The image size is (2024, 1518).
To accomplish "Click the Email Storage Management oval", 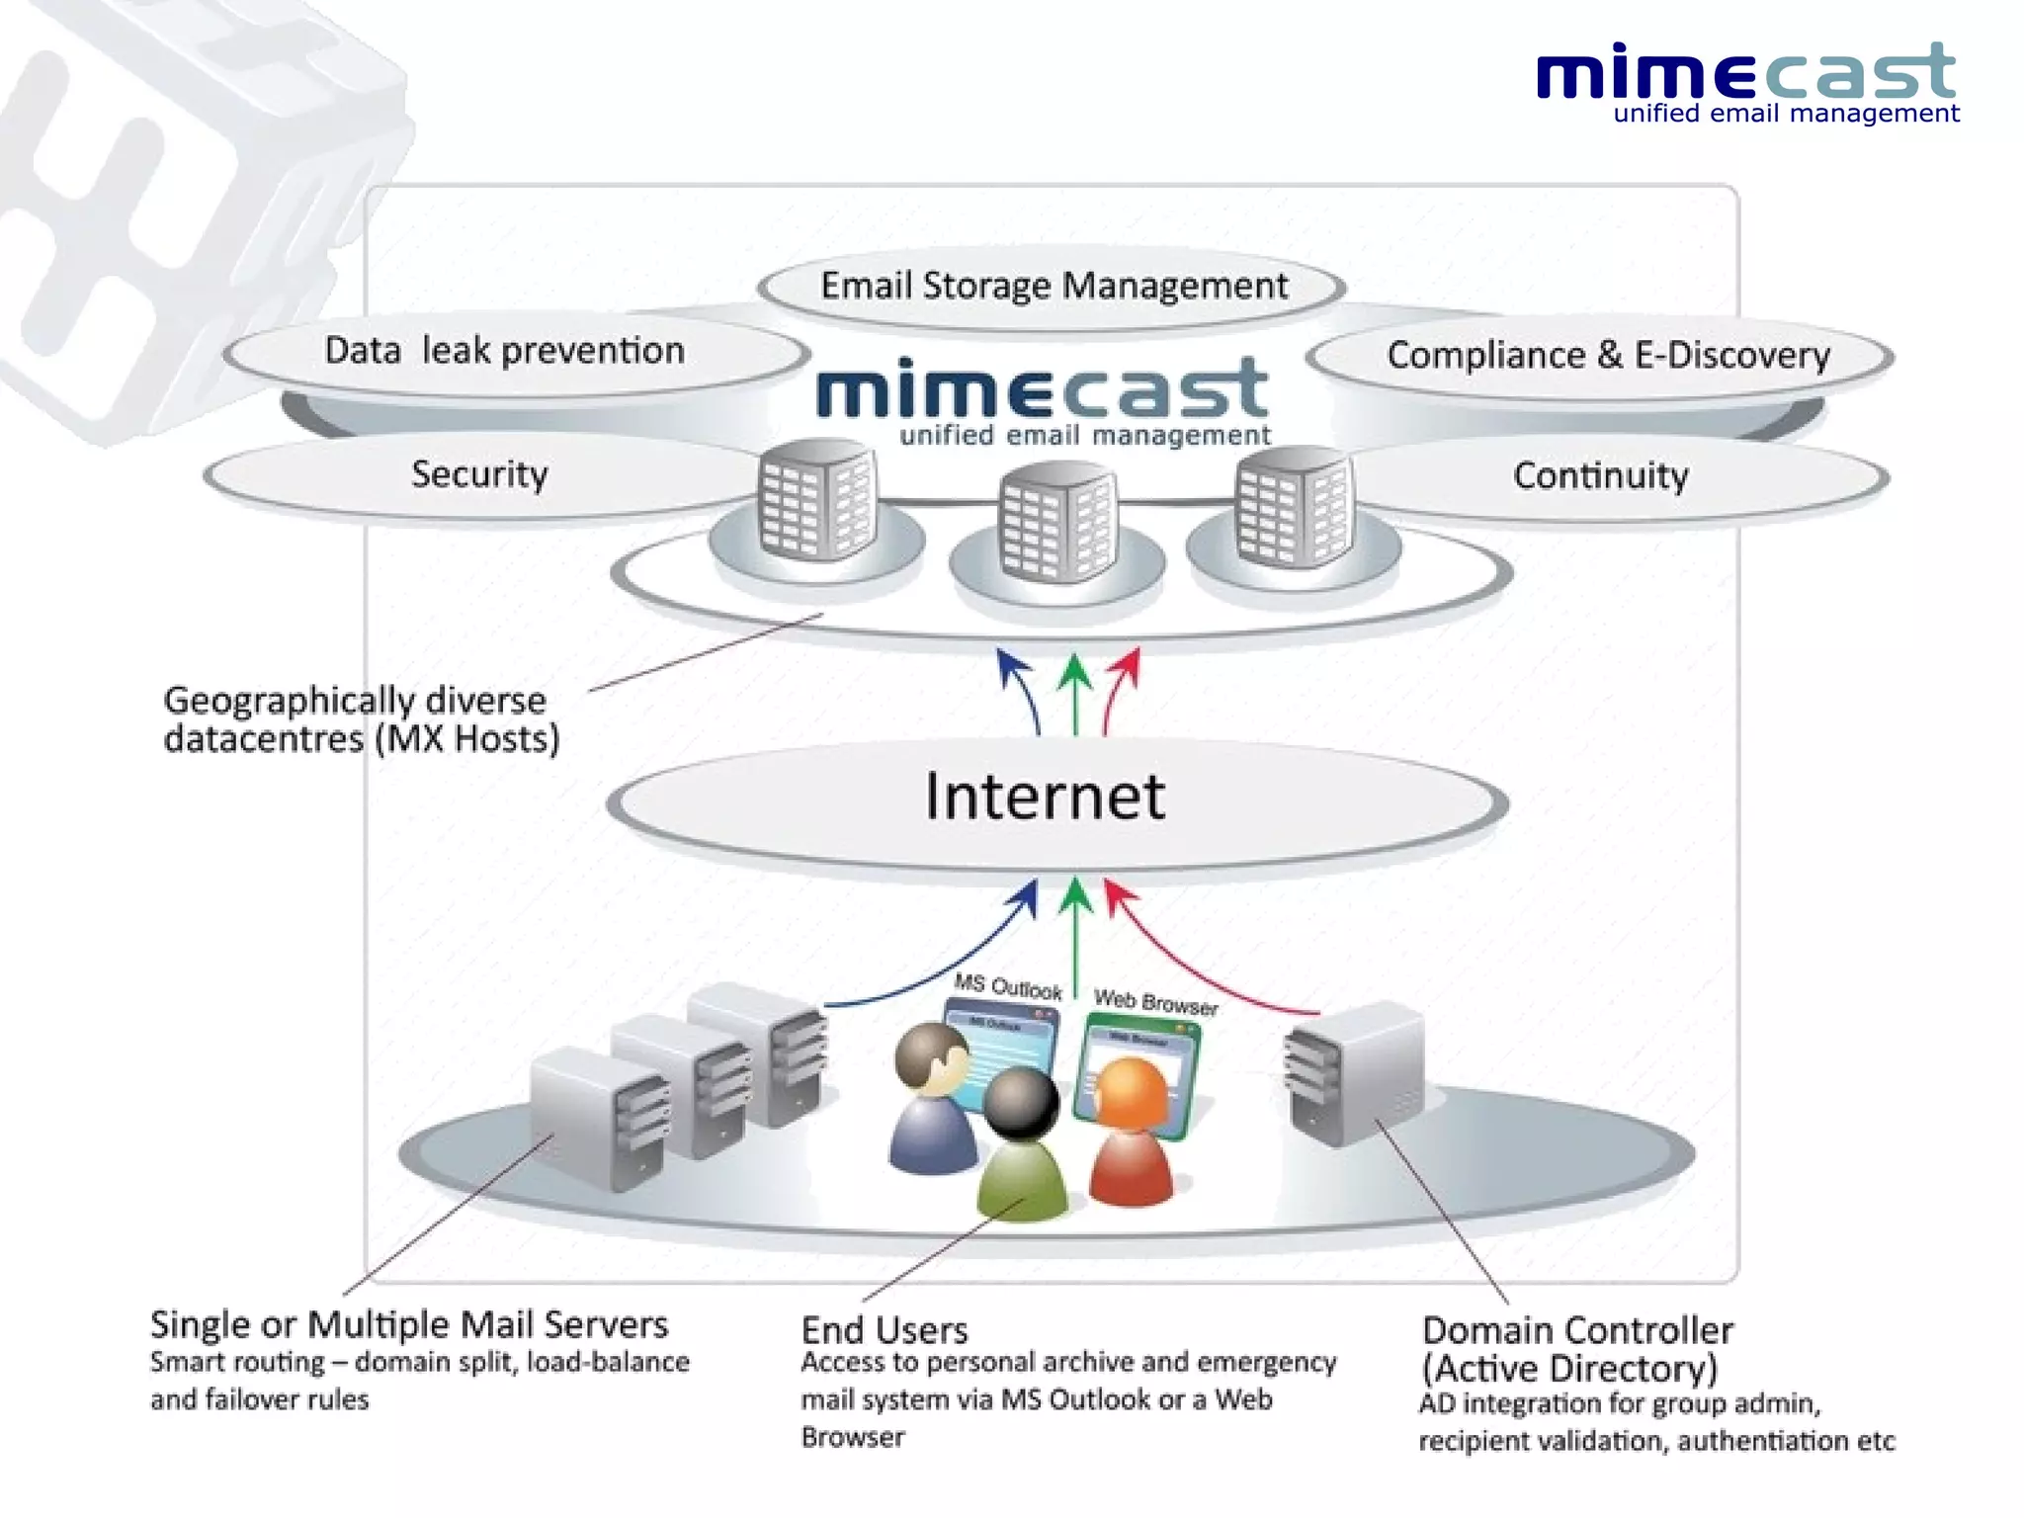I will (x=1053, y=287).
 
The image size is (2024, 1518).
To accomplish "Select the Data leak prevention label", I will (x=504, y=351).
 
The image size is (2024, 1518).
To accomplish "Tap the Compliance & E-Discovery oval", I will (x=1607, y=356).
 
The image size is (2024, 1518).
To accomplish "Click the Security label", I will (x=479, y=474).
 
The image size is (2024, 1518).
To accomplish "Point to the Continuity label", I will (x=1600, y=476).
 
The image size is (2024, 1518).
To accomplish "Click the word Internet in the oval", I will (x=1045, y=797).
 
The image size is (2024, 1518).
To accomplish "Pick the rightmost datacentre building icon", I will (x=1294, y=505).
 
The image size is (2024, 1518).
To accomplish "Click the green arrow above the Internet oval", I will (x=1075, y=692).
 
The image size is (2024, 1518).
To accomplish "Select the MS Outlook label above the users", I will (x=1007, y=986).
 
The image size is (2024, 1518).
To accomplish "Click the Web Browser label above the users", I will (x=1155, y=1003).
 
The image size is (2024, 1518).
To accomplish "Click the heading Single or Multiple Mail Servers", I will (x=409, y=1324).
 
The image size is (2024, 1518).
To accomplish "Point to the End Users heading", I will (x=885, y=1330).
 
